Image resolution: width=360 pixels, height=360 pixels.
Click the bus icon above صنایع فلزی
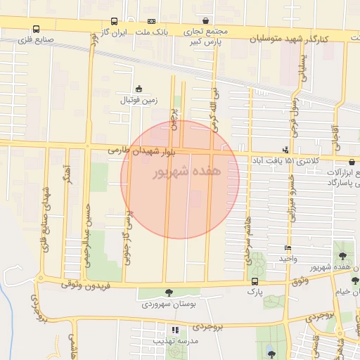(x=36, y=30)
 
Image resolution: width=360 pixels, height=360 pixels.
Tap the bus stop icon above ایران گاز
(x=114, y=22)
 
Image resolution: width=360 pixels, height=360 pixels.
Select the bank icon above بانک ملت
(x=152, y=22)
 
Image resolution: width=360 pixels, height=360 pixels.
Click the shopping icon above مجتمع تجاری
(x=205, y=22)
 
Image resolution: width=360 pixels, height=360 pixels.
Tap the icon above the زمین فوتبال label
(x=139, y=89)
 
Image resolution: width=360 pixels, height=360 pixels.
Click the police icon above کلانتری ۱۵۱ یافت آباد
(x=285, y=150)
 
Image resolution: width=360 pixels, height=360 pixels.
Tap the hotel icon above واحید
(x=287, y=248)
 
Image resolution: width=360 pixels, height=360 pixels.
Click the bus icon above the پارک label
(x=254, y=282)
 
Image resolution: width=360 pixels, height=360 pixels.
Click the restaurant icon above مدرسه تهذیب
(x=175, y=329)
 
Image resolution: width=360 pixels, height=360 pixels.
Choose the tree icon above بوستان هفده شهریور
(x=342, y=257)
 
